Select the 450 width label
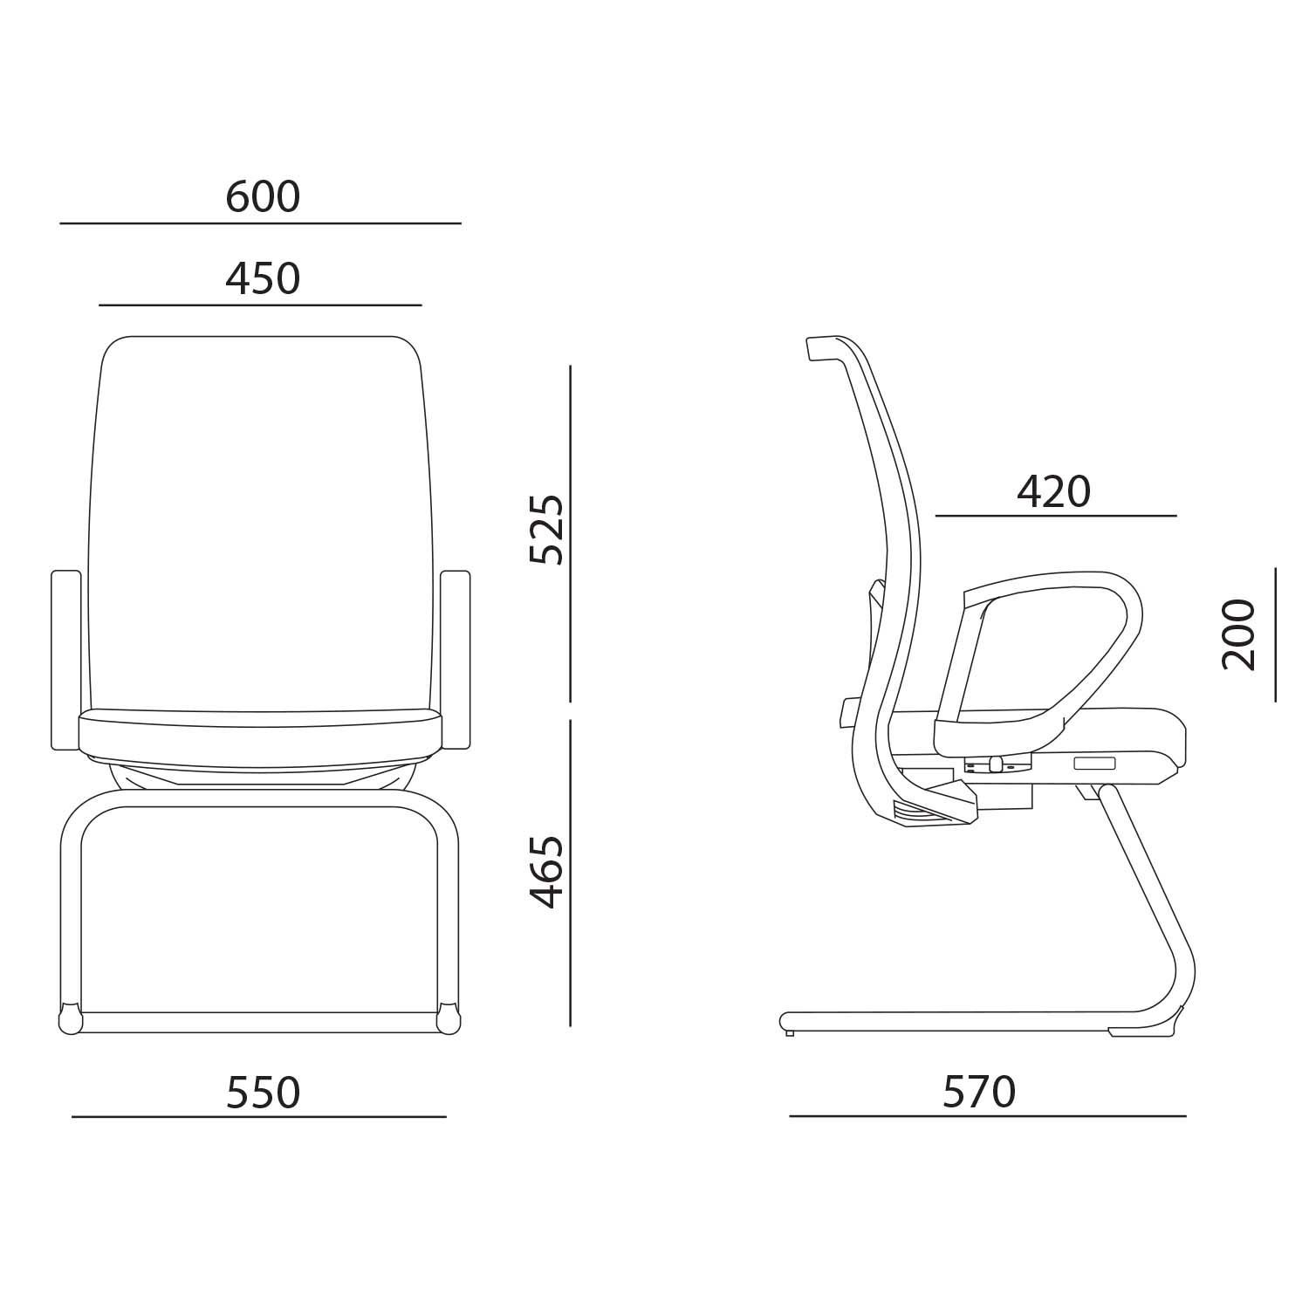[263, 278]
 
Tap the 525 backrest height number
[547, 530]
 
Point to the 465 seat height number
[547, 871]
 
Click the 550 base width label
[263, 1092]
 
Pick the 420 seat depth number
[1054, 492]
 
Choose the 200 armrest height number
[1238, 634]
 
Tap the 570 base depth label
[980, 1092]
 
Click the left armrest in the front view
[66, 660]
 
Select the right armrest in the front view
[456, 660]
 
